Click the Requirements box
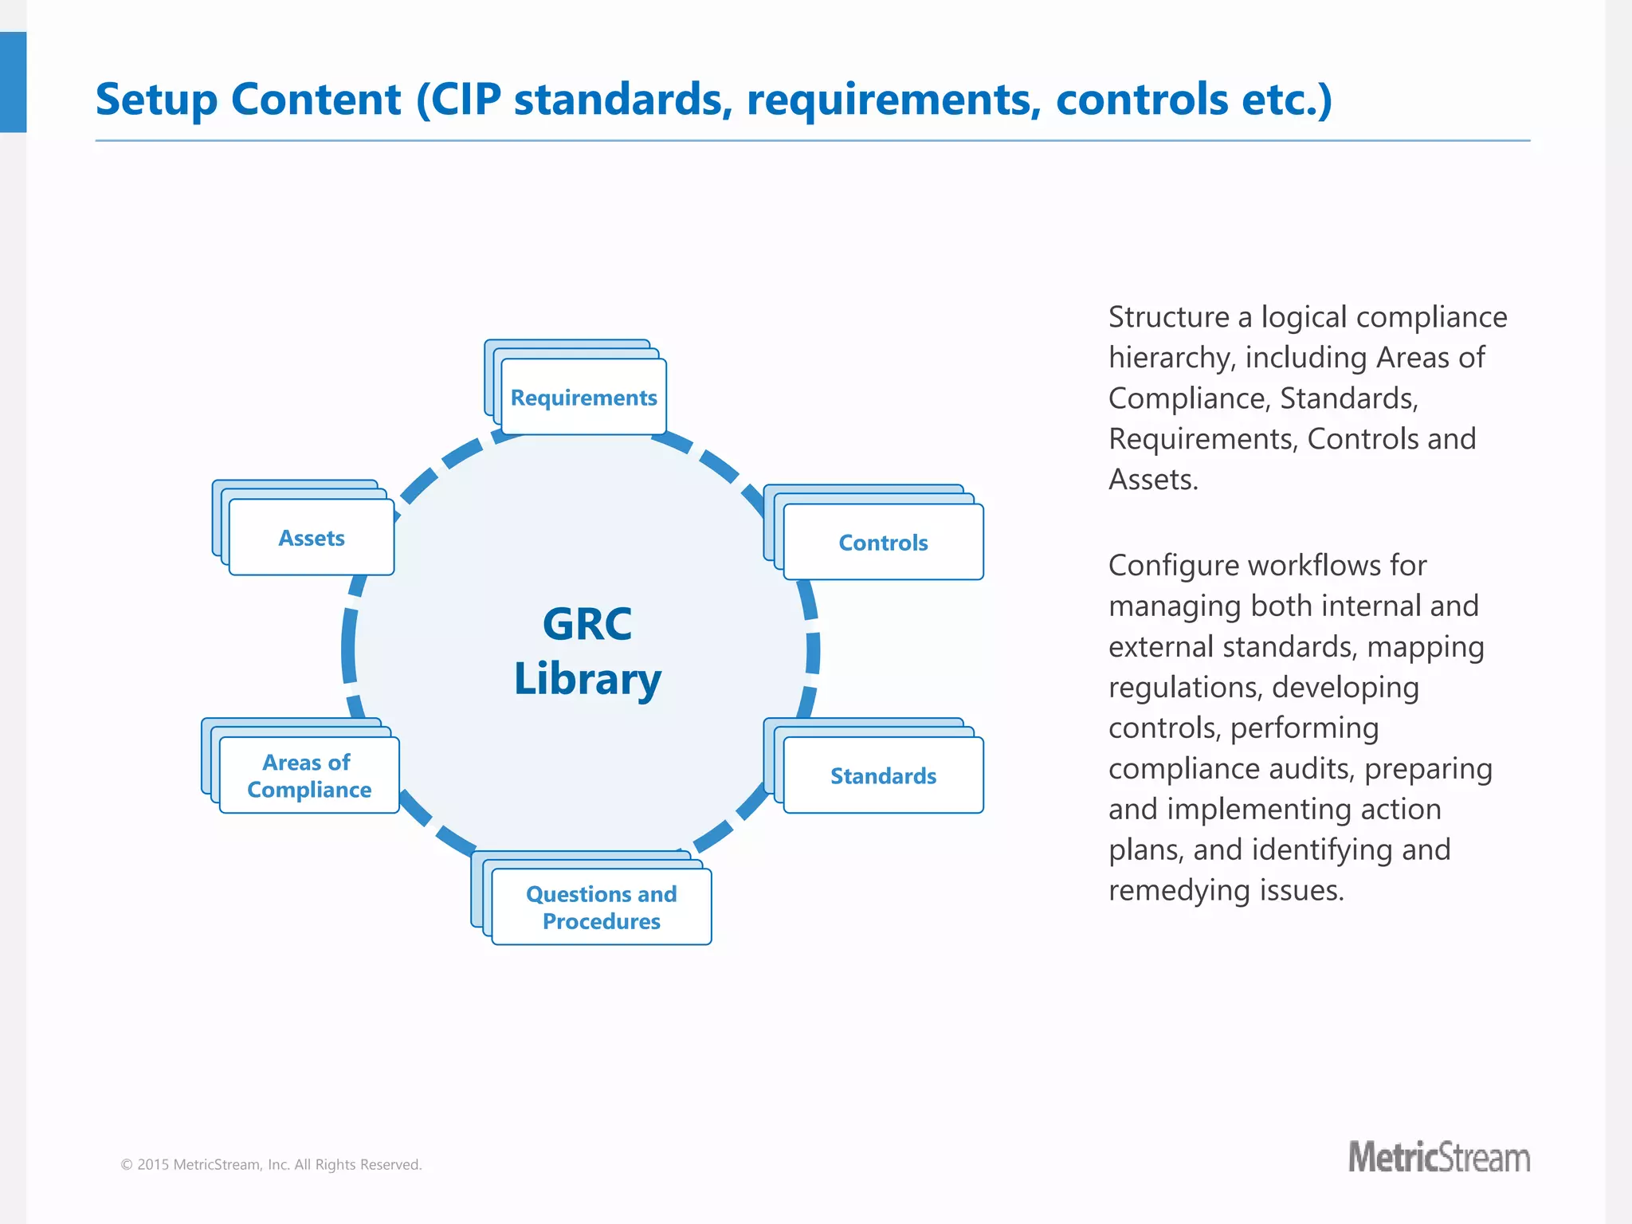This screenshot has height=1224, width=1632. click(583, 397)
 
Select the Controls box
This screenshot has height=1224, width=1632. click(883, 543)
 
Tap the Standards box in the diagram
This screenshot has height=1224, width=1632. click(883, 775)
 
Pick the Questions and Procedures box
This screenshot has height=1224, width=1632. click(601, 907)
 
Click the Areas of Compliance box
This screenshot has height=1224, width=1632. click(309, 775)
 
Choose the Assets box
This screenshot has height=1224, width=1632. click(312, 538)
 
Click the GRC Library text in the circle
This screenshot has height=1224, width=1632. click(587, 651)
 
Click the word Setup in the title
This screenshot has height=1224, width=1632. click(156, 100)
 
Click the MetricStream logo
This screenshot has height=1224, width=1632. click(1438, 1158)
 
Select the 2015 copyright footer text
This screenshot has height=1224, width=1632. click(271, 1164)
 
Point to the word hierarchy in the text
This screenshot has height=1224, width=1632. click(1171, 359)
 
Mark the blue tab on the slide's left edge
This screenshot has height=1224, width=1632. click(13, 82)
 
